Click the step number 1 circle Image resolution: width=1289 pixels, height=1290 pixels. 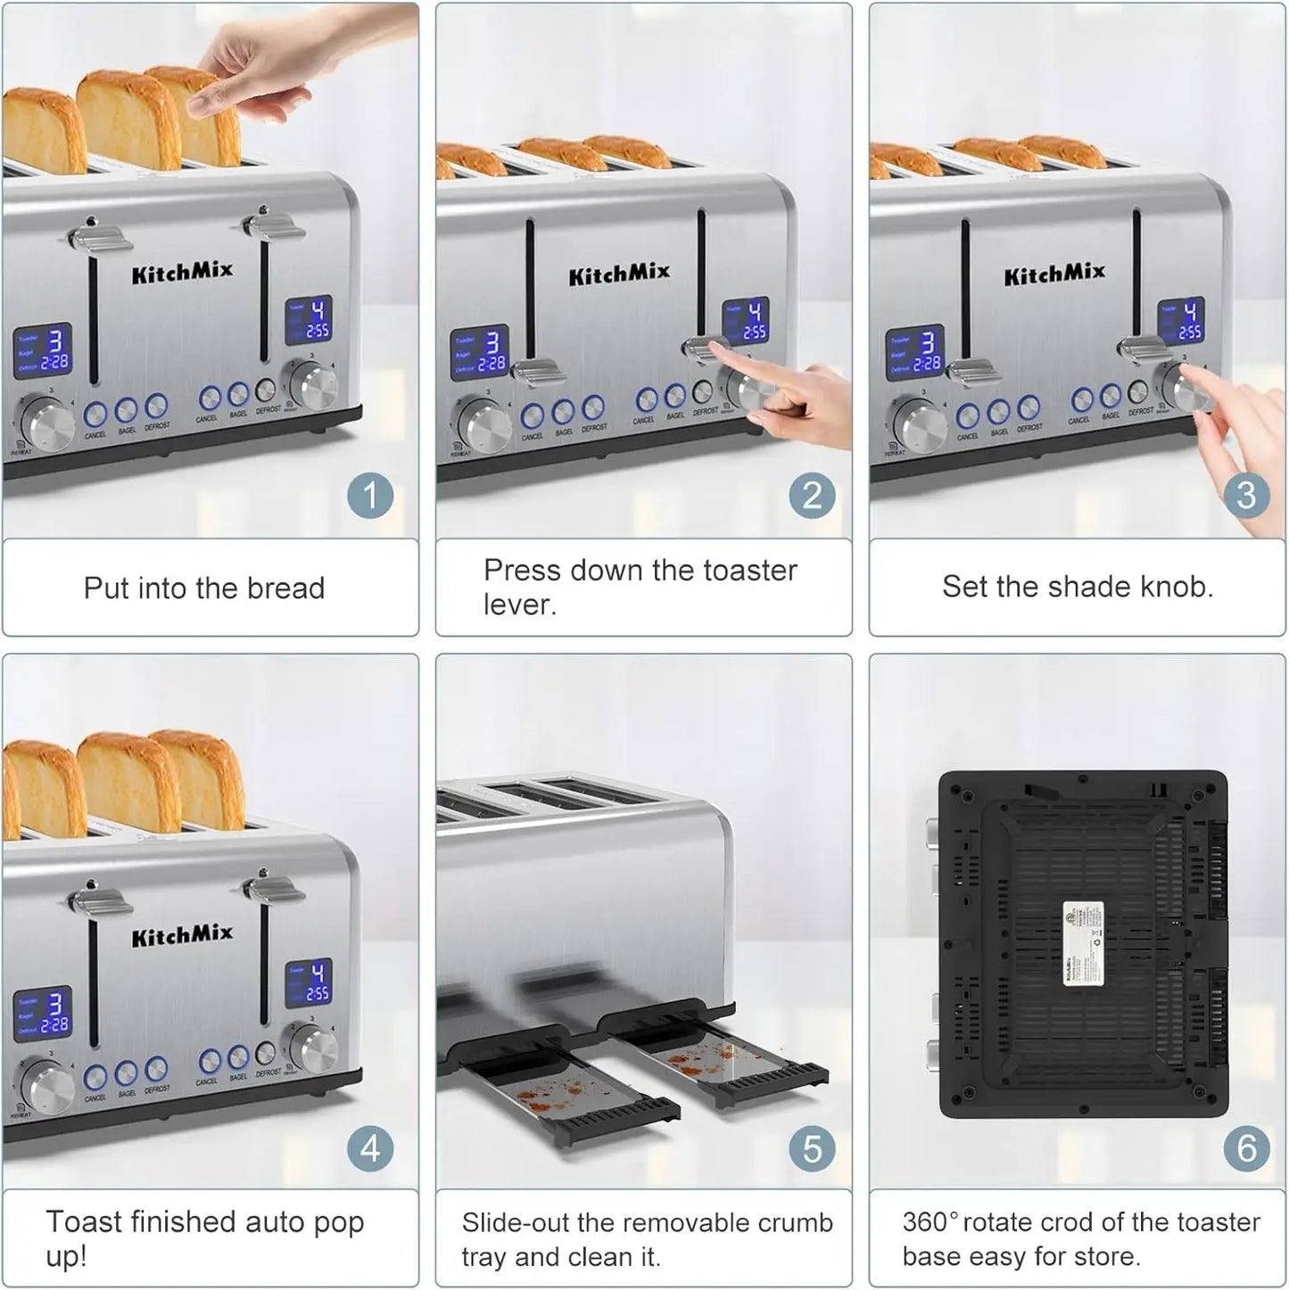(x=369, y=496)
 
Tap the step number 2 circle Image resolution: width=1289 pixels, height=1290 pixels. (x=811, y=496)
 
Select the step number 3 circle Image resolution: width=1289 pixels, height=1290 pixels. (x=1245, y=496)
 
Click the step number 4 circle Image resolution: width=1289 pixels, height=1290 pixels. (x=369, y=1148)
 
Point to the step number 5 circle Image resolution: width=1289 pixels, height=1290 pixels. (x=811, y=1148)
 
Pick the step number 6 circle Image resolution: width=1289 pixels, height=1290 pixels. (x=1245, y=1148)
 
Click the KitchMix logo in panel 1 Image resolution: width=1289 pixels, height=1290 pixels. (x=182, y=271)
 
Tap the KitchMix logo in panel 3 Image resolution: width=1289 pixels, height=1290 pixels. (x=1054, y=274)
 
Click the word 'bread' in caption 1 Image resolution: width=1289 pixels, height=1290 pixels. (x=285, y=588)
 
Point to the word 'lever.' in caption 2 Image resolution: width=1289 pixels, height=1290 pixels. (x=519, y=604)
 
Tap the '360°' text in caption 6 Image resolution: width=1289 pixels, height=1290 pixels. (x=929, y=1221)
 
